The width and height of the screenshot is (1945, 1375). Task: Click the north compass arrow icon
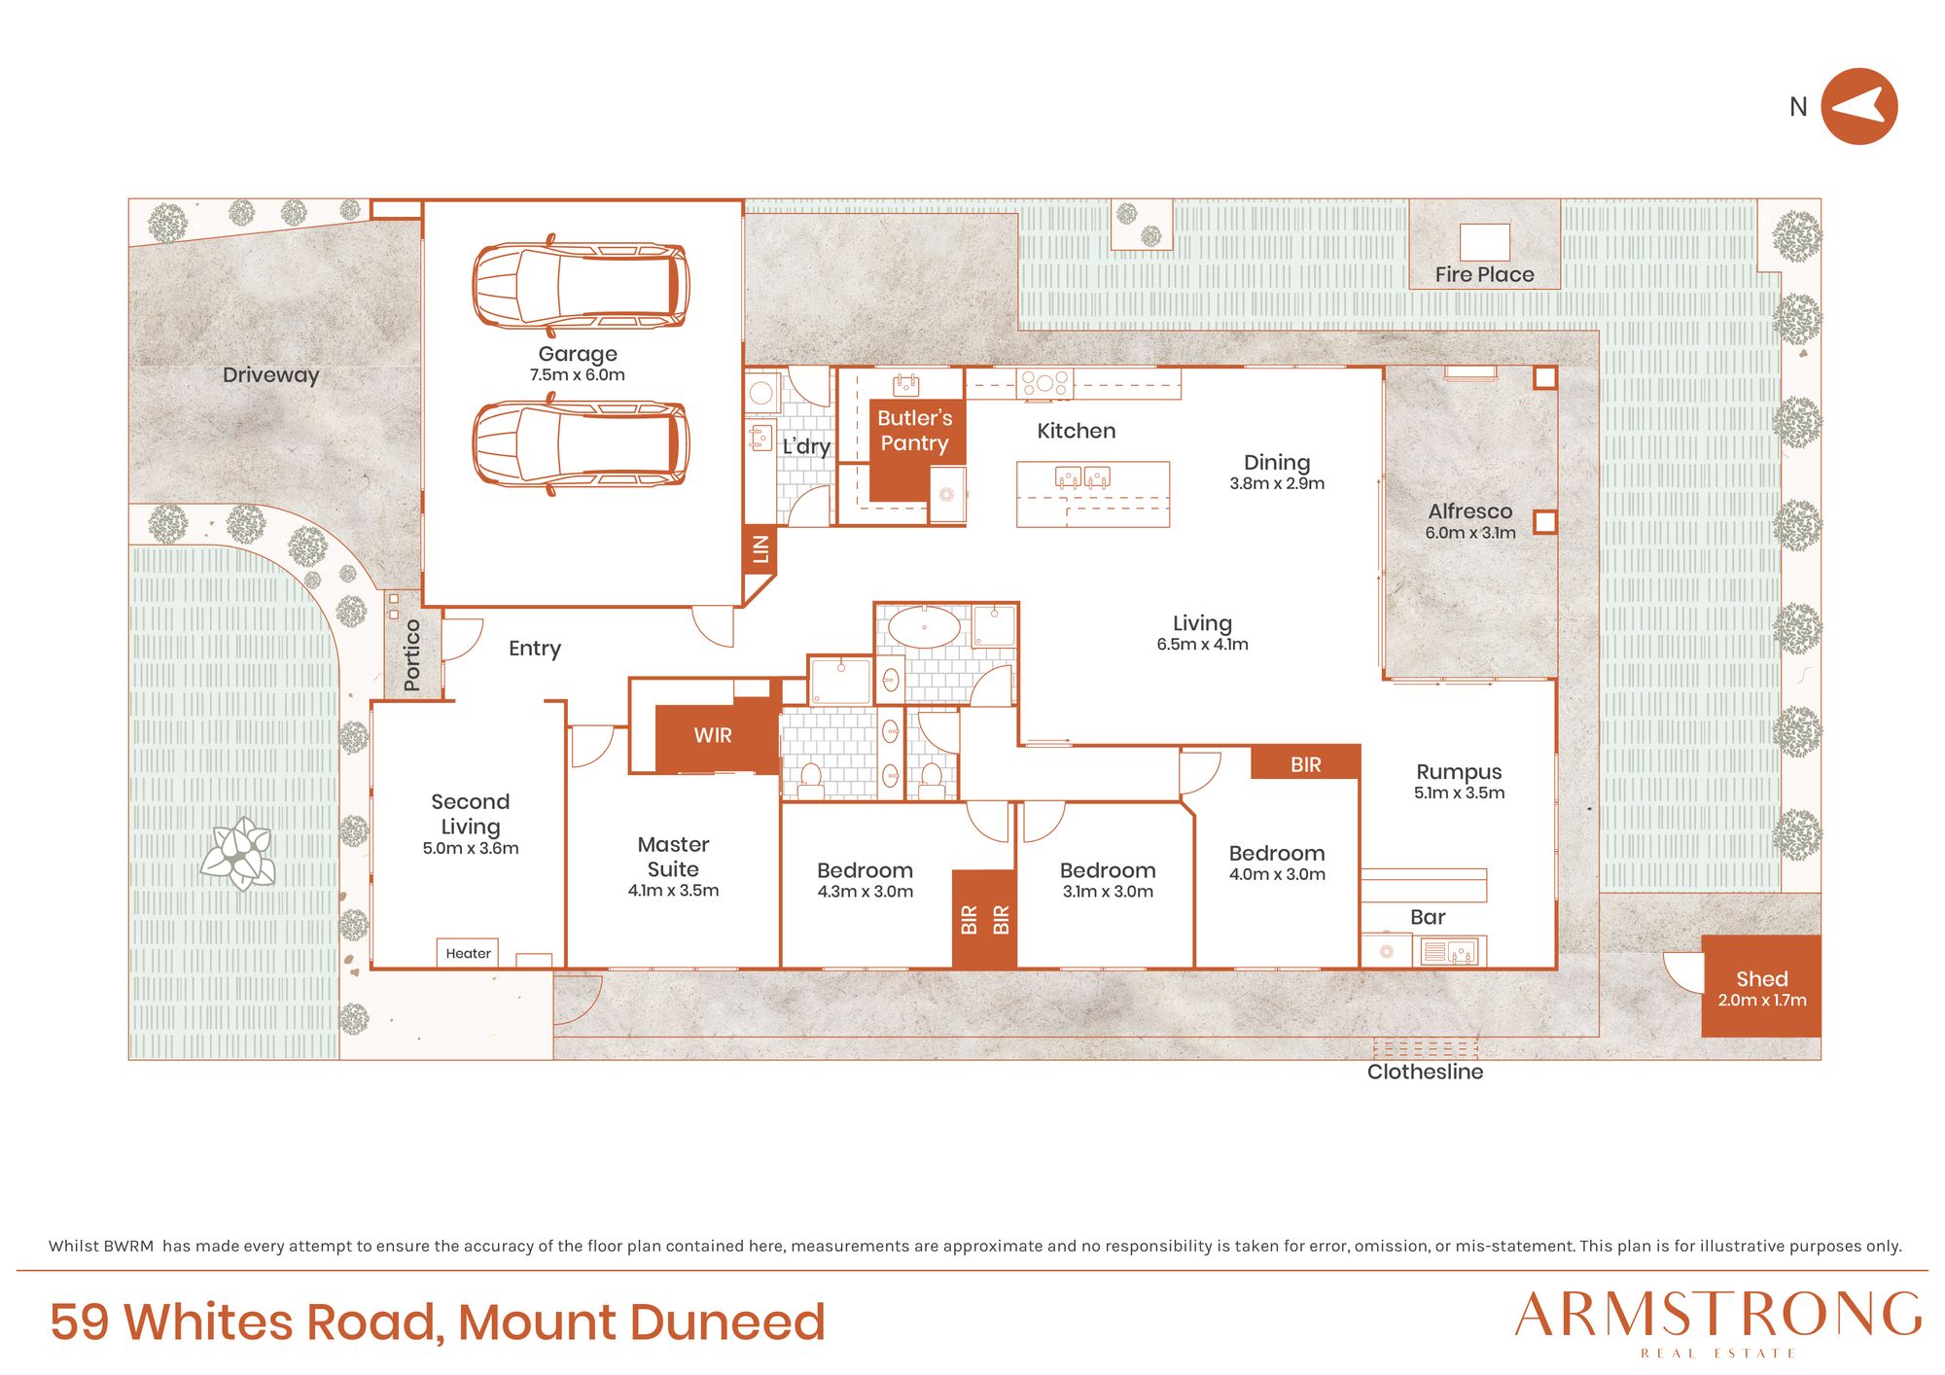(x=1858, y=106)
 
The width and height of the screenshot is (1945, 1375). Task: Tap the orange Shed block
(x=1760, y=986)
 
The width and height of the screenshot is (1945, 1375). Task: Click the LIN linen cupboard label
(x=760, y=549)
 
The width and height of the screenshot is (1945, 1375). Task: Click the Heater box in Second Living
(x=468, y=953)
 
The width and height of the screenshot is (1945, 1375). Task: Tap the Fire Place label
(x=1484, y=275)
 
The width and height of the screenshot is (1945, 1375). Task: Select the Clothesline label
(x=1425, y=1072)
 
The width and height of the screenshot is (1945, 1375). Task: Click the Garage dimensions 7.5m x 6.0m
(x=578, y=375)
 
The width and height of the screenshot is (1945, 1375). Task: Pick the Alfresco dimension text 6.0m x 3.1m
(x=1470, y=533)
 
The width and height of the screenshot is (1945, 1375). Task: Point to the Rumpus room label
(x=1459, y=772)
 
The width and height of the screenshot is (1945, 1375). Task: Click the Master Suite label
(x=673, y=857)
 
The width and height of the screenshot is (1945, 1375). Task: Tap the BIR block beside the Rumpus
(x=1305, y=764)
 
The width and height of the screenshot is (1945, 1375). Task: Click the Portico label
(x=411, y=654)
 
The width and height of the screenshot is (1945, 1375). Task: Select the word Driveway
(x=270, y=375)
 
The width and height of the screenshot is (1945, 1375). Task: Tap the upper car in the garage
(x=581, y=284)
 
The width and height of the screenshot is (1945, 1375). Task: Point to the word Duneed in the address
(x=727, y=1322)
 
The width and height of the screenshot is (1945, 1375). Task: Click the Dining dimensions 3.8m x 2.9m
(x=1277, y=483)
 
